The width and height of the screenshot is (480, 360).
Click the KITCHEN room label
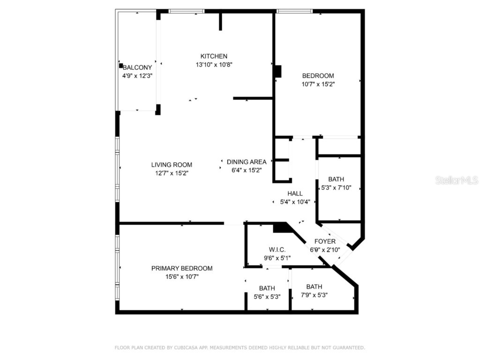click(214, 56)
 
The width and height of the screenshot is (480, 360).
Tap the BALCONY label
click(137, 67)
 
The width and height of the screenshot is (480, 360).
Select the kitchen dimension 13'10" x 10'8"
click(214, 65)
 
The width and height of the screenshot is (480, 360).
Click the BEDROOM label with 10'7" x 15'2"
click(318, 76)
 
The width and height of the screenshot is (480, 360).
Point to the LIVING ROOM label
click(172, 165)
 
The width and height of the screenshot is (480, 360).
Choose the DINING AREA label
click(247, 162)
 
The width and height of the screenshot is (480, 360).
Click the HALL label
click(295, 193)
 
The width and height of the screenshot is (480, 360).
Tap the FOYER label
click(325, 241)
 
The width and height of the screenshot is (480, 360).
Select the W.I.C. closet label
click(277, 249)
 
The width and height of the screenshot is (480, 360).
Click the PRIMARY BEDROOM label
click(182, 268)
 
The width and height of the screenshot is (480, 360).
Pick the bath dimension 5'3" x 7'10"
click(336, 187)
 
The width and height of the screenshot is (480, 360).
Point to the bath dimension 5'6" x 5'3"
click(267, 296)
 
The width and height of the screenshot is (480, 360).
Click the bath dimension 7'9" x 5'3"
click(314, 295)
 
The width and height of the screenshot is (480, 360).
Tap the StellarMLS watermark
click(456, 180)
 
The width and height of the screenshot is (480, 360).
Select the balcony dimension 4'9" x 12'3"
click(137, 75)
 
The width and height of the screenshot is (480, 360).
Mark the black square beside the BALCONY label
click(121, 66)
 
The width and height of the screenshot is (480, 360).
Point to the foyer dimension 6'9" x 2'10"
click(325, 250)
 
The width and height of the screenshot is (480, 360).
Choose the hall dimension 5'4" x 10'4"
click(295, 202)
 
